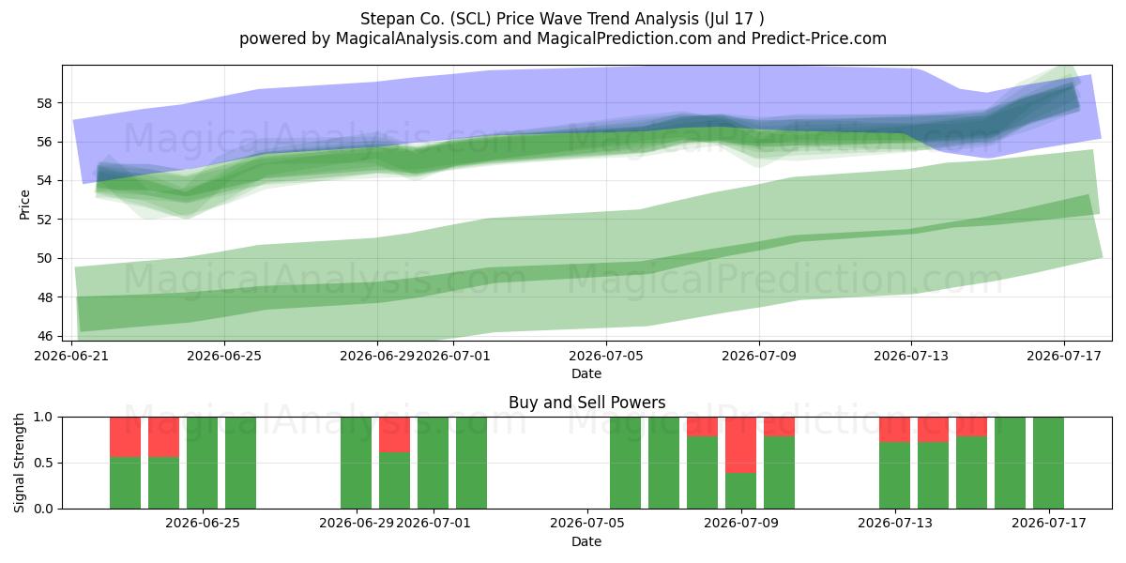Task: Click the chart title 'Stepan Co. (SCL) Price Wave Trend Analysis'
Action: point(529,19)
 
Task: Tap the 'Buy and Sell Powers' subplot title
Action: point(586,403)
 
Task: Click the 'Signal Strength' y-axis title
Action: point(19,463)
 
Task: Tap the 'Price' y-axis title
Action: point(24,205)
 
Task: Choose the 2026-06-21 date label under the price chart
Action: point(71,356)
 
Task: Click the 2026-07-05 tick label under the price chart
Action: point(606,356)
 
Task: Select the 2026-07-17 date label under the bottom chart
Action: point(1049,524)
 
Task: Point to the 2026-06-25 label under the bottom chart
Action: point(203,524)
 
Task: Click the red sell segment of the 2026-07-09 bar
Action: point(740,445)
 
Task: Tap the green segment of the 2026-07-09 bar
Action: point(740,491)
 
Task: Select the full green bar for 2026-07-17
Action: point(1049,463)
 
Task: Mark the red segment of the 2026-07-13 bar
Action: point(895,430)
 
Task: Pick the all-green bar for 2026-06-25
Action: point(202,463)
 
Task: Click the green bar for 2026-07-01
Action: point(433,463)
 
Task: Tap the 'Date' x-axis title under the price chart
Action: point(586,373)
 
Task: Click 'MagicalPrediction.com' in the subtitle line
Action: point(624,38)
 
